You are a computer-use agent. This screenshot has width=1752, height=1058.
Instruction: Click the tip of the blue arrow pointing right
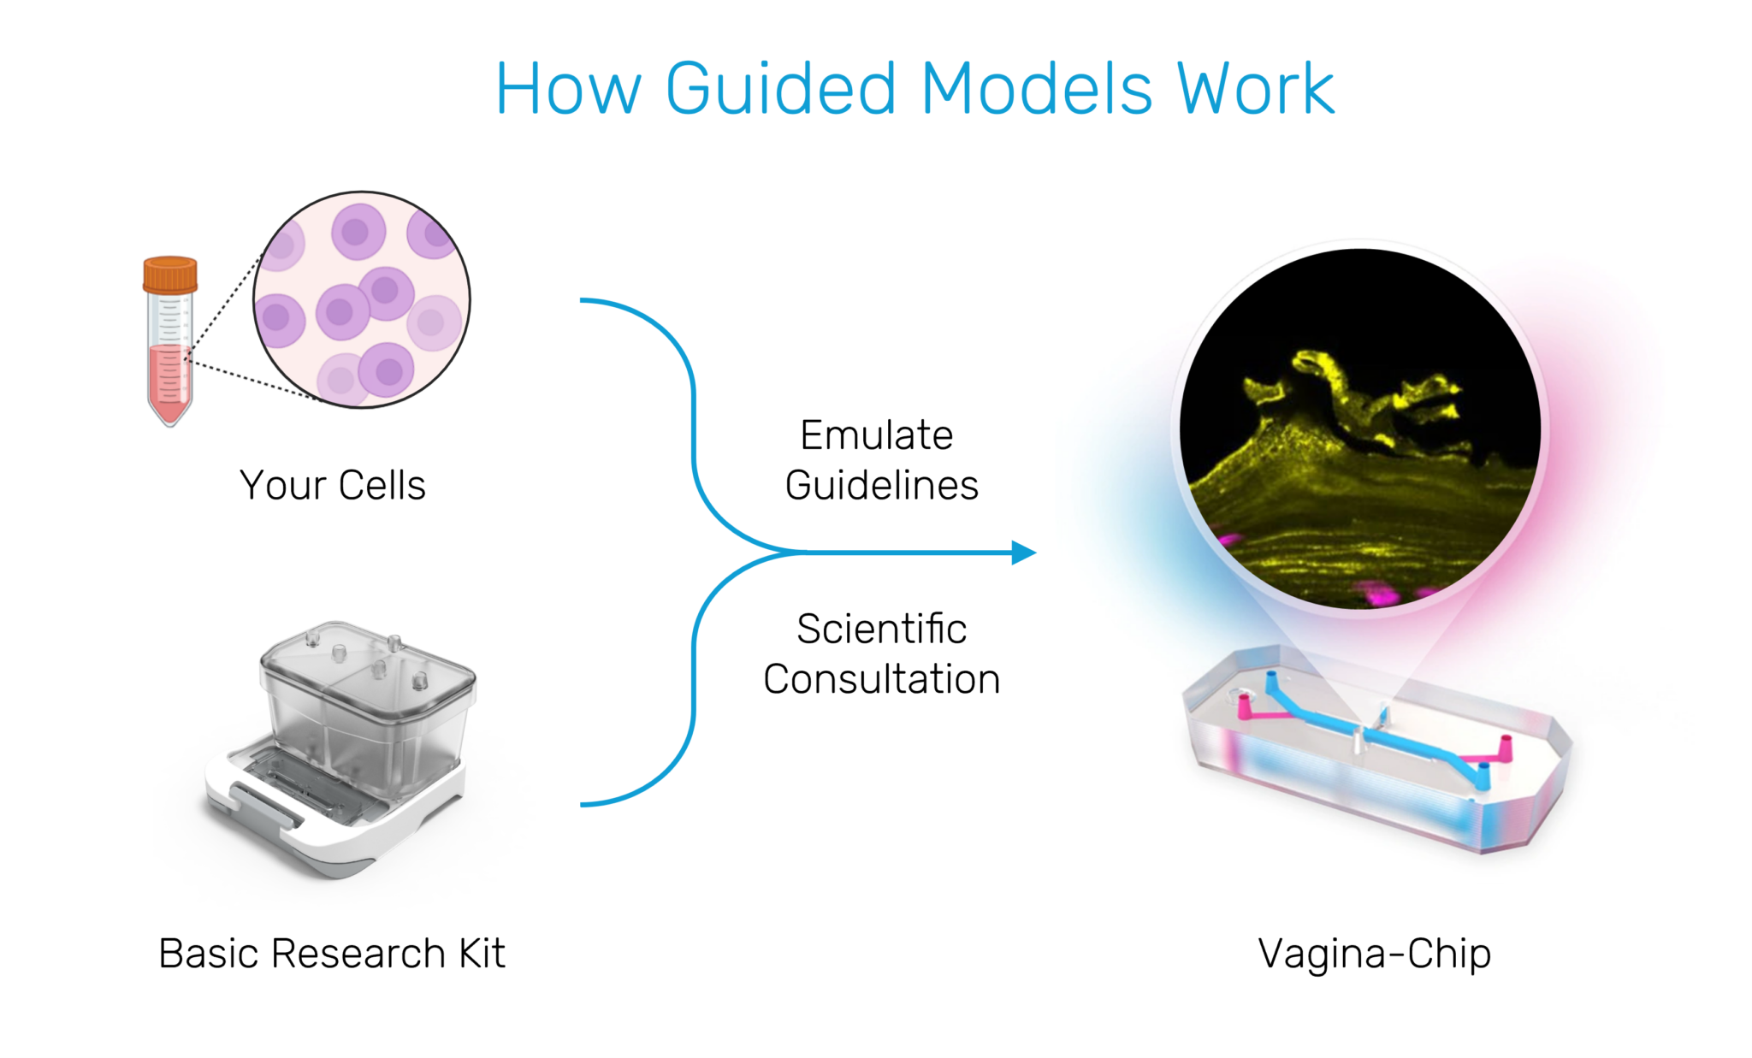point(1036,553)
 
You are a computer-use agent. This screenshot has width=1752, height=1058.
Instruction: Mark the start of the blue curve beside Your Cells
point(581,300)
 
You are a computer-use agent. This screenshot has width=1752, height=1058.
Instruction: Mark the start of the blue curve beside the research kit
point(581,804)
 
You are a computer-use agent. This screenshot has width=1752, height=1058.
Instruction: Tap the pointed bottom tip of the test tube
point(170,425)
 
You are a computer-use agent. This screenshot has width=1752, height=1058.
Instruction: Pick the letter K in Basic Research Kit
point(470,953)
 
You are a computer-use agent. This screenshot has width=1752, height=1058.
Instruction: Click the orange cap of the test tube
point(170,275)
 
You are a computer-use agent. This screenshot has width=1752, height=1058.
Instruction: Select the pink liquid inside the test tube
point(169,381)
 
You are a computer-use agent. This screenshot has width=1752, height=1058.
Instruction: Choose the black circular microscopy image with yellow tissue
point(1359,429)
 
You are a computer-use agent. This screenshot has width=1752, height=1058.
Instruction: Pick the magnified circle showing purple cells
point(362,299)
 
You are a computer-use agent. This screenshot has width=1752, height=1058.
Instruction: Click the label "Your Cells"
point(333,485)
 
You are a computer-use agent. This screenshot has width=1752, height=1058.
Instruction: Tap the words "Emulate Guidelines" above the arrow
point(881,460)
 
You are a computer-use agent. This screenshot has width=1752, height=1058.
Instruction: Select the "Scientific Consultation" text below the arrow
point(882,653)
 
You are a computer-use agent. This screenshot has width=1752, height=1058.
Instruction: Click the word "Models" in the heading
point(1037,88)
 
